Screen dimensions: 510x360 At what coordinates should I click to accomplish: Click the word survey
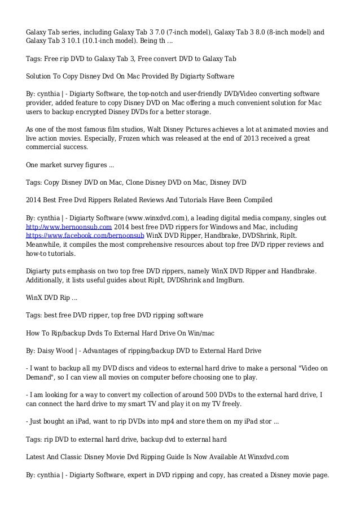point(74,164)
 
